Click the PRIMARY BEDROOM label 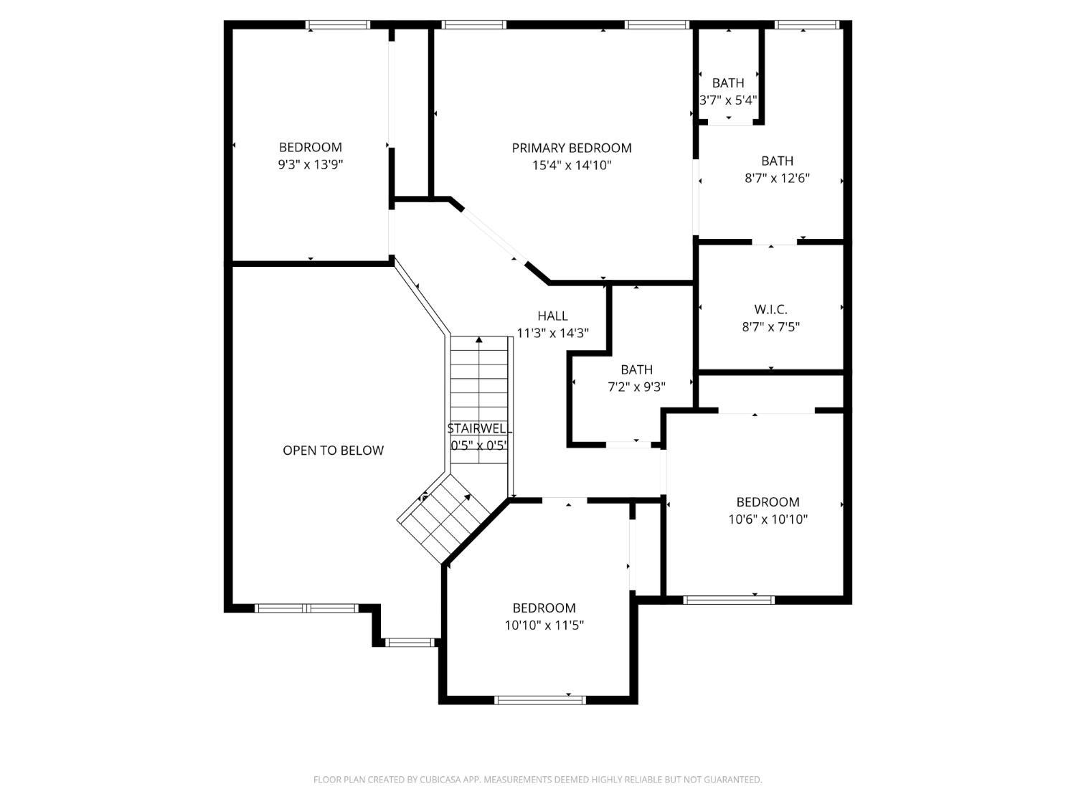pos(572,148)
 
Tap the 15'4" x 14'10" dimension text pos(572,166)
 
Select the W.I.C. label pos(770,310)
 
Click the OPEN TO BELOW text pos(333,450)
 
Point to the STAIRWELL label pos(478,429)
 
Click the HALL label pos(552,316)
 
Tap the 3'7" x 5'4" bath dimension pos(728,100)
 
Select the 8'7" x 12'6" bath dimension pos(777,179)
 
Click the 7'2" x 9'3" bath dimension pos(636,387)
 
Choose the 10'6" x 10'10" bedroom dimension pos(768,519)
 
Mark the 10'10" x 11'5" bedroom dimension pos(544,626)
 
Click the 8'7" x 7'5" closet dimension pos(770,327)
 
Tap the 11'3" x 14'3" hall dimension pos(552,333)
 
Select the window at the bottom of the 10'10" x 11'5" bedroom pos(540,699)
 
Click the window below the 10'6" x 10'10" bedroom pos(729,600)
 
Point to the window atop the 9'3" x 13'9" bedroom pos(338,25)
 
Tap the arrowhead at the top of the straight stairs pos(478,339)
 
